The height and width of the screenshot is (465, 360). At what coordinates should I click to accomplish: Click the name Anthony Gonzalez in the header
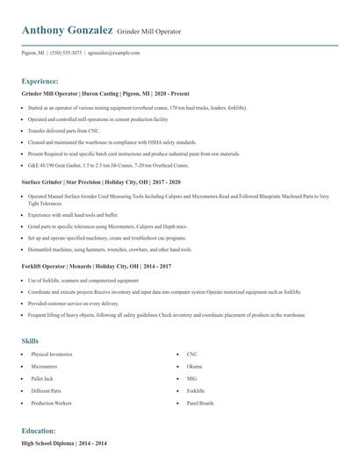coord(66,31)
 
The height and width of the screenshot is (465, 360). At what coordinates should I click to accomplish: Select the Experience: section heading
coord(40,80)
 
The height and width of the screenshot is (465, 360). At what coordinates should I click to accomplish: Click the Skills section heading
coord(30,340)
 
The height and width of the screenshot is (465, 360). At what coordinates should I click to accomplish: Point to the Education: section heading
coord(39,432)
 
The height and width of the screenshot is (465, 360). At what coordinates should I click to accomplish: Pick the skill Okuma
coord(195,367)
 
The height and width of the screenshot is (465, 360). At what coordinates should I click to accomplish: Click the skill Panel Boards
coord(200,403)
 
